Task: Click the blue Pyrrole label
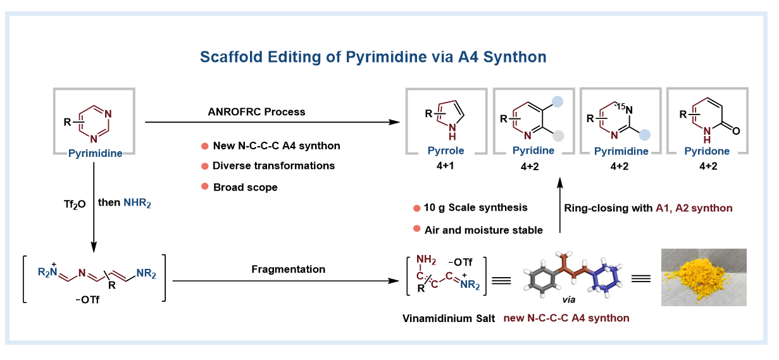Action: point(446,151)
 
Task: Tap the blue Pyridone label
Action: point(706,151)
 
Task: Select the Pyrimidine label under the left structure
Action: point(96,153)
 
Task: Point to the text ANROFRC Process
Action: point(256,112)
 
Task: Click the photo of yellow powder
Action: point(703,277)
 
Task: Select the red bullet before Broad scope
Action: point(205,187)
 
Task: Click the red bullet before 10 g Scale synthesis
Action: point(416,208)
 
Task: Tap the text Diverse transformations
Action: point(274,166)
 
